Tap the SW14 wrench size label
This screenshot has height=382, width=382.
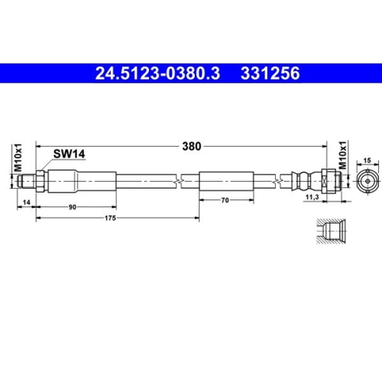pyautogui.click(x=68, y=154)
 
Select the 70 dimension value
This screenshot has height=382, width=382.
pyautogui.click(x=226, y=200)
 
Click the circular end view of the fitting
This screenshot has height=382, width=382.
pyautogui.click(x=366, y=182)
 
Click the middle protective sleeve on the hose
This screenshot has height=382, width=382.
pyautogui.click(x=226, y=182)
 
